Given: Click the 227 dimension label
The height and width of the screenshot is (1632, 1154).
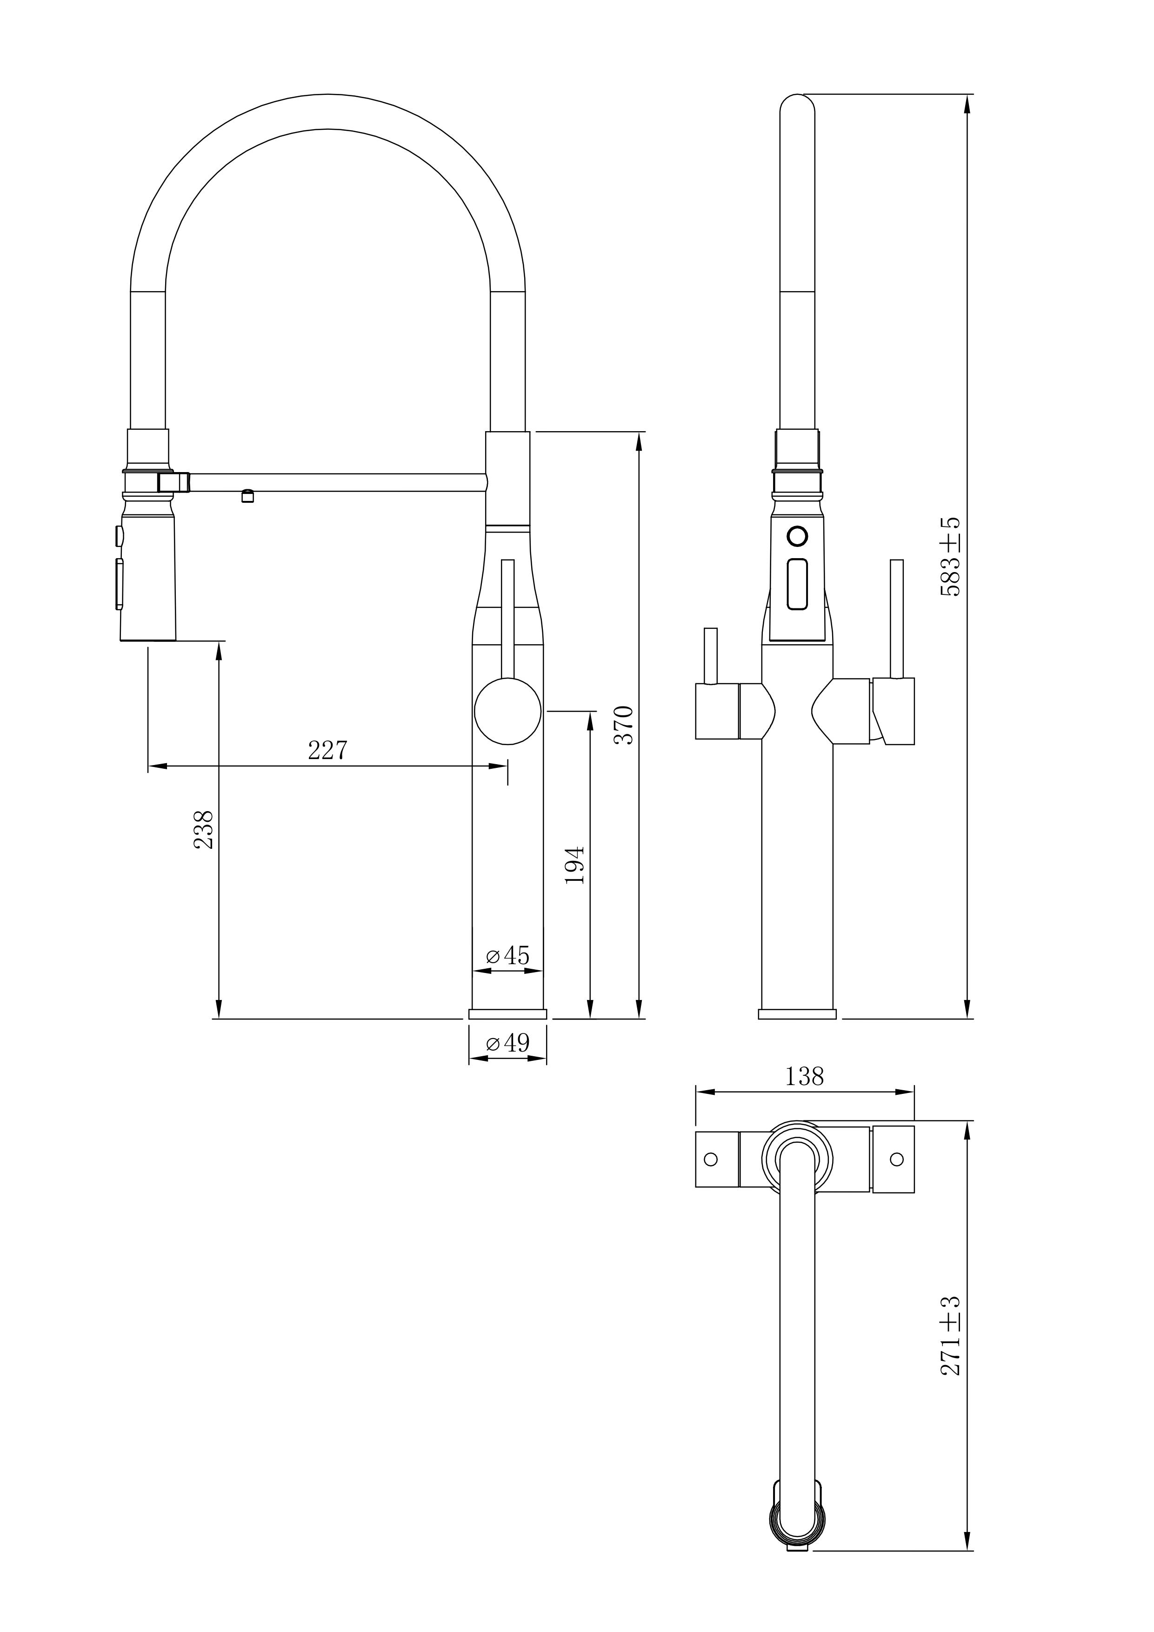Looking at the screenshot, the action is point(327,750).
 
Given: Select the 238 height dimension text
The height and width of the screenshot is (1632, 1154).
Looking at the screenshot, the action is point(203,830).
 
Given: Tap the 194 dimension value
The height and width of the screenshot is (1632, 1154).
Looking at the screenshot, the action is point(574,865).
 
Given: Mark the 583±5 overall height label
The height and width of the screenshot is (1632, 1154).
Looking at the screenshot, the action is point(951,557).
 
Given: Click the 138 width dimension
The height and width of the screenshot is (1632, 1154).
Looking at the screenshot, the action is point(804,1077).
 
